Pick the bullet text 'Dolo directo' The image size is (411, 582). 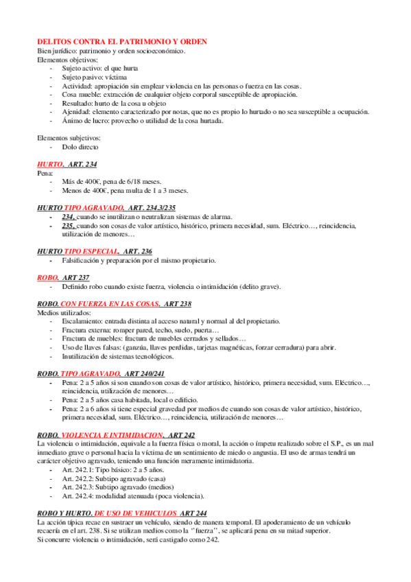pyautogui.click(x=81, y=147)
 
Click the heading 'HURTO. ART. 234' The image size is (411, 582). pyautogui.click(x=67, y=165)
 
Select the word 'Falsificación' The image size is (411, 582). pyautogui.click(x=82, y=260)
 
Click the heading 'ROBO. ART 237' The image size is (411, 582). pyautogui.click(x=62, y=277)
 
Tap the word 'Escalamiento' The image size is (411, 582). pyautogui.click(x=83, y=321)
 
